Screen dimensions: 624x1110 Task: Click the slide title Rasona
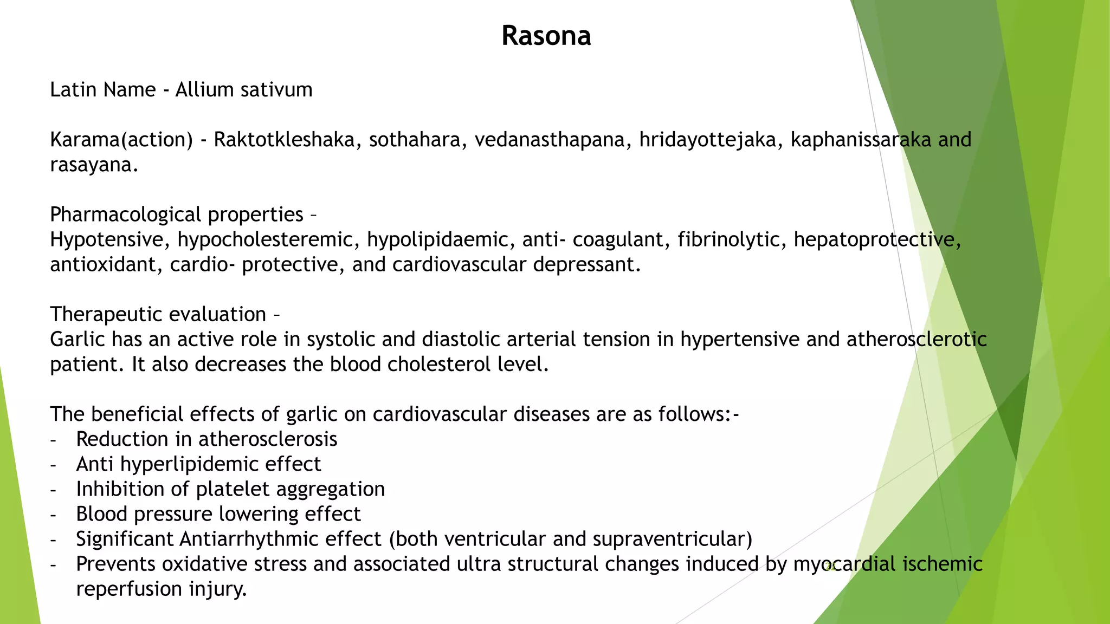tap(546, 36)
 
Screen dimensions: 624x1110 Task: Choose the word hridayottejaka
tap(711, 140)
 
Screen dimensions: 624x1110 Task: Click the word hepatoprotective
tap(876, 239)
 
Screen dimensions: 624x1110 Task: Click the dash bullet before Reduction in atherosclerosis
tap(53, 440)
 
